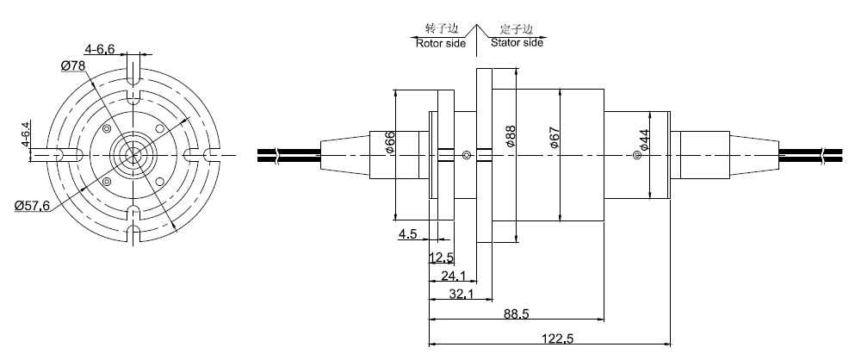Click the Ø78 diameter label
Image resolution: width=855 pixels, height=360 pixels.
coord(73,66)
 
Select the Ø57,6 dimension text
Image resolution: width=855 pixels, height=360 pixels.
coord(32,204)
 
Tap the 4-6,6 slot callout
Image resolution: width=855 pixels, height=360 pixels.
coord(100,48)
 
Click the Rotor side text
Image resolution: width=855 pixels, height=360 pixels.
coord(440,41)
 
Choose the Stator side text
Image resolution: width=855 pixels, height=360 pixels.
coord(517,41)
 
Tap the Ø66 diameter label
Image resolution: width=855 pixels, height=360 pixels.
coord(390,142)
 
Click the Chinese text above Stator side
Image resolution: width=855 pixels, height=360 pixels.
coord(517,28)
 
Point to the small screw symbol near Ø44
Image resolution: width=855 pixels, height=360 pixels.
coord(636,155)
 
